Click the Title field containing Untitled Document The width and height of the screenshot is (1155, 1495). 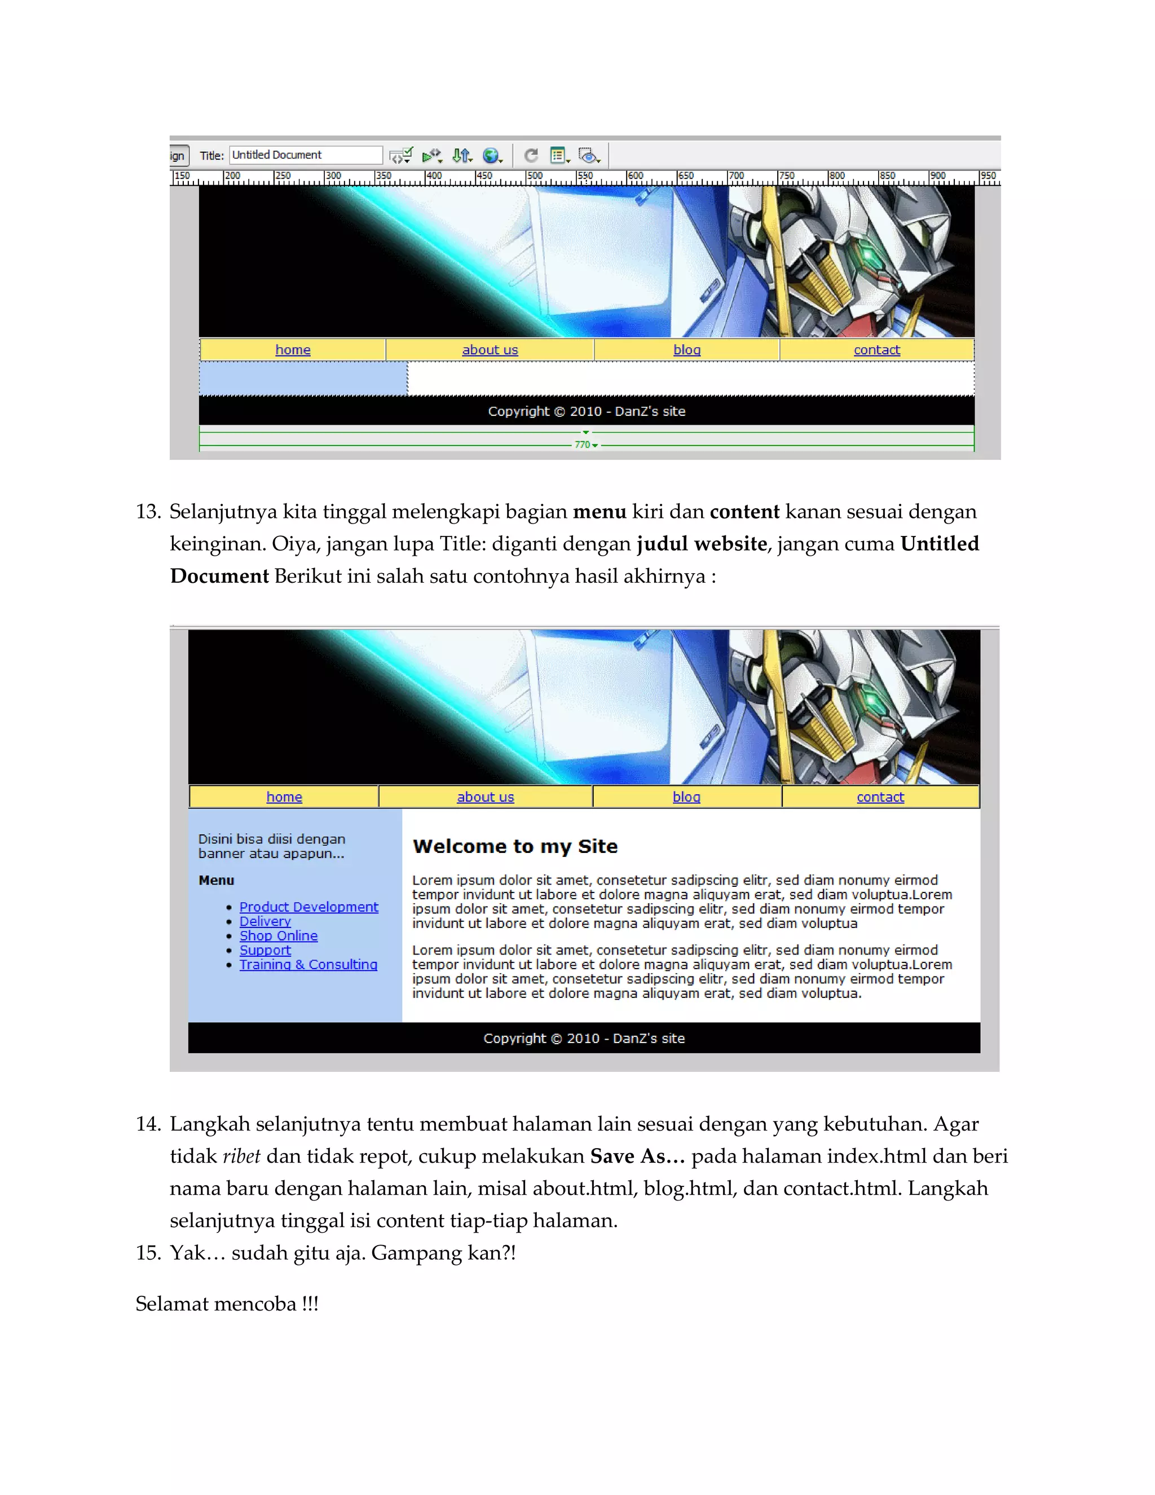coord(305,155)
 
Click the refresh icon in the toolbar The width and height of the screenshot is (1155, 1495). coord(531,155)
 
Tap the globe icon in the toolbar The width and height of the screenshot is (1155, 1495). coord(491,155)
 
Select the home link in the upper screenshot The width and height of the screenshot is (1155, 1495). coord(293,350)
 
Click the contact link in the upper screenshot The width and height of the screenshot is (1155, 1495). coord(876,350)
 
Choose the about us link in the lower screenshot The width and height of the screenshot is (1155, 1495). coord(485,797)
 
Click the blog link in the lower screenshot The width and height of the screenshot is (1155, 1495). coord(686,797)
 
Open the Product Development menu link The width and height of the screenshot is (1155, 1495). coord(308,907)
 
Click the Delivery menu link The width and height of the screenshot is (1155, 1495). coord(265,921)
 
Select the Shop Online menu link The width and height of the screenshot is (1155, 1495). coord(279,936)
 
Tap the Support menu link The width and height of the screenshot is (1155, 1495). coord(265,950)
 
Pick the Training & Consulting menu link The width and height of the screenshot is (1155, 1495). coord(308,965)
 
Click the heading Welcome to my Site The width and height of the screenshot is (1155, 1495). coord(515,847)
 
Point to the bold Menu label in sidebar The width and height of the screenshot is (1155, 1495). coord(216,880)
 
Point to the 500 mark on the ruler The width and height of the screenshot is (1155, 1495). coord(535,177)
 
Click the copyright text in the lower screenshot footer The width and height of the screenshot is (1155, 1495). coord(584,1039)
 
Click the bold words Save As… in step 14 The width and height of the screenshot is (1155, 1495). coord(637,1156)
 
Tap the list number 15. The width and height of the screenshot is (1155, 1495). coord(147,1252)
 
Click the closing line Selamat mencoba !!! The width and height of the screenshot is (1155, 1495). coord(227,1303)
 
